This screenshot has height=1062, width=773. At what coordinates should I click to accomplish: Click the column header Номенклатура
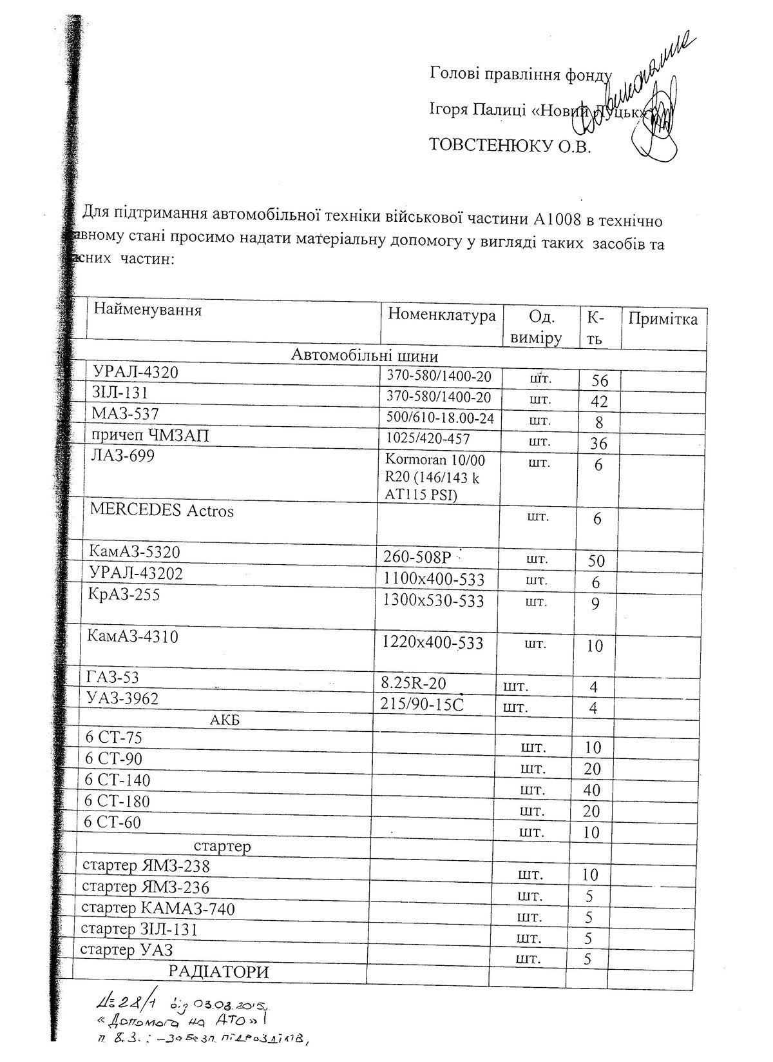tap(442, 315)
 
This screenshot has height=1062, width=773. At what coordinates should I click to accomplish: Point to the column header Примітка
tap(663, 319)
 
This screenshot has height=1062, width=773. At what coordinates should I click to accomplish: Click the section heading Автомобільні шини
tap(365, 356)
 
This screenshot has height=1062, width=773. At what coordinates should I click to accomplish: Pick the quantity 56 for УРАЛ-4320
tap(599, 380)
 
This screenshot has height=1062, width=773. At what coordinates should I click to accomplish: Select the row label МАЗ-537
tap(126, 413)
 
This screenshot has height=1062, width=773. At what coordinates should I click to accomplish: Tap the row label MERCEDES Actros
tap(162, 511)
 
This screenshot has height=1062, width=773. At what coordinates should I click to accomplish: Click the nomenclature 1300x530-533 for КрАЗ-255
tap(433, 601)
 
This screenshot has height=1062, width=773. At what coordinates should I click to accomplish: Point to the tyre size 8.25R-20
tap(414, 683)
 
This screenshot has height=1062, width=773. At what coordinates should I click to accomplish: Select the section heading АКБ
tap(225, 720)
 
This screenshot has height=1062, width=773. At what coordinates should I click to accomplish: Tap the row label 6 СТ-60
tap(113, 822)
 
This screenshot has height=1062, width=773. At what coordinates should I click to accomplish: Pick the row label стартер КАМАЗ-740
tap(158, 909)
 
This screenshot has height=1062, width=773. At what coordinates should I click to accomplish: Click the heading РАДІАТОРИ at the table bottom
tap(218, 972)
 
